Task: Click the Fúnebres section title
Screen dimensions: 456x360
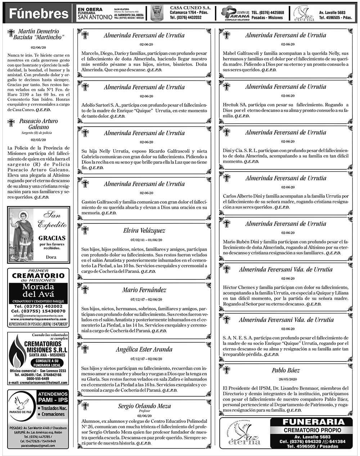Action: (x=39, y=14)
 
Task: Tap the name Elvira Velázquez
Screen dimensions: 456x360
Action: (x=144, y=231)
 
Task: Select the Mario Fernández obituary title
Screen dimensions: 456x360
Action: (x=144, y=290)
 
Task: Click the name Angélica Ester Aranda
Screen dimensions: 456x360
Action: (x=144, y=349)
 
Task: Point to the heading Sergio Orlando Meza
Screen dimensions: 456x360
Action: (x=144, y=406)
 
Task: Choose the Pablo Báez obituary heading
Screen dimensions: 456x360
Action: (x=285, y=370)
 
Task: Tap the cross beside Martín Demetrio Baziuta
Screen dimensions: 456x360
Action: (x=11, y=33)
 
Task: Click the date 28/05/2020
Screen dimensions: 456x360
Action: (x=285, y=379)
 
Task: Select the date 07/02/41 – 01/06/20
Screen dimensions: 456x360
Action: (x=144, y=240)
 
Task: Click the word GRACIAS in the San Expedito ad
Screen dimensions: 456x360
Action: (x=52, y=238)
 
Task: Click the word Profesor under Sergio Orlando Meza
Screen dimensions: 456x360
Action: (x=144, y=411)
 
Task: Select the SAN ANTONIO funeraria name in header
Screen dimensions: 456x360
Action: (x=94, y=17)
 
